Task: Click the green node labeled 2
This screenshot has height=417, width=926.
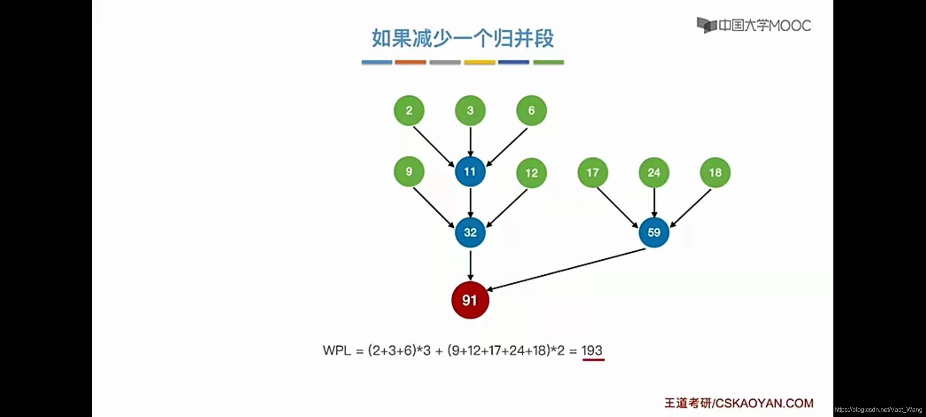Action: click(x=409, y=110)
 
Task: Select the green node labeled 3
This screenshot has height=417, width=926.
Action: click(x=470, y=110)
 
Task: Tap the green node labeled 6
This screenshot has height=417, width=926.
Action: click(x=531, y=110)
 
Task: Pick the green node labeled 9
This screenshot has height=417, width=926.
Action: click(x=409, y=171)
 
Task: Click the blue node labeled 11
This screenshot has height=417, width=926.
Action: click(x=470, y=171)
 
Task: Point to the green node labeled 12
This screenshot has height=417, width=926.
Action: click(x=531, y=173)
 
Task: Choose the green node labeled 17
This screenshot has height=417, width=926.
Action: click(x=593, y=172)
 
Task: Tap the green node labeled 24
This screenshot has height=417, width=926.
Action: click(x=654, y=172)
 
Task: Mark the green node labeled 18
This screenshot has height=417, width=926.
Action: click(x=715, y=172)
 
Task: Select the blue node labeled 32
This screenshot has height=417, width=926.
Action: click(x=470, y=232)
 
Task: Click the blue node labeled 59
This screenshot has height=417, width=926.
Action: click(x=654, y=232)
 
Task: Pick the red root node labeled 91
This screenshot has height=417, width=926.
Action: click(x=470, y=300)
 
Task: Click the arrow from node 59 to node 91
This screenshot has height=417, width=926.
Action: click(x=566, y=269)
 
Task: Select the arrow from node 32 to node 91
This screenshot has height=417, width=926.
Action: click(x=470, y=265)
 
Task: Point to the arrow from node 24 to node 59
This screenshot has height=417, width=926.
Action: click(x=654, y=203)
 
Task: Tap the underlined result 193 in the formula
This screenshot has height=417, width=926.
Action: click(x=592, y=351)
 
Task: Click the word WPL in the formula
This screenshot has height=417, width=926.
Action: click(x=337, y=351)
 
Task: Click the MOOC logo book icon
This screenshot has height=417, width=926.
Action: click(x=706, y=25)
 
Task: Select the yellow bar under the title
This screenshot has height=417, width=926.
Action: click(x=480, y=62)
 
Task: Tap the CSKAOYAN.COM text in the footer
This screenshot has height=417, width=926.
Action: click(x=764, y=403)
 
